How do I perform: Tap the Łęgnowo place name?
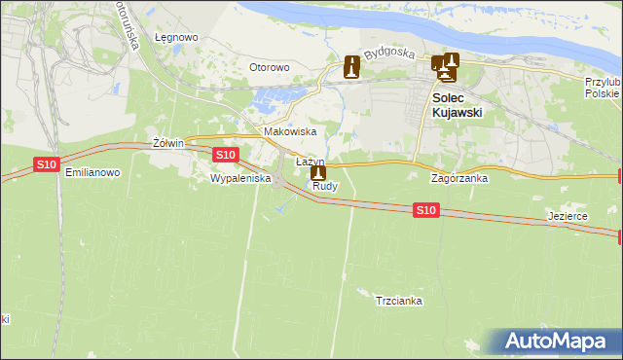[x=176, y=38]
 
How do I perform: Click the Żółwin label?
[x=168, y=143]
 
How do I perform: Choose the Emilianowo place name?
[x=92, y=171]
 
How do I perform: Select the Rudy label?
[x=324, y=187]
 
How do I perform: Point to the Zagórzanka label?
[x=459, y=179]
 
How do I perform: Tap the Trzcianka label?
[x=398, y=301]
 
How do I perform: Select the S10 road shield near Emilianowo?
[x=47, y=164]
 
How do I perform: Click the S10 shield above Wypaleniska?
[x=225, y=155]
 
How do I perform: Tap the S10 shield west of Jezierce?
[x=425, y=209]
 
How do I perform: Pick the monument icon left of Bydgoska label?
[x=351, y=68]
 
